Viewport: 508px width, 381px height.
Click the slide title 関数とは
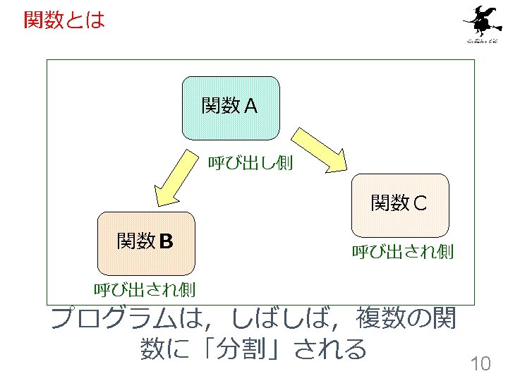point(64,19)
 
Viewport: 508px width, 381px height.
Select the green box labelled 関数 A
point(231,107)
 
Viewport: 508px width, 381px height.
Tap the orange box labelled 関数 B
point(146,243)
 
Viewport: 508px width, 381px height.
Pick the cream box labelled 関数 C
point(400,205)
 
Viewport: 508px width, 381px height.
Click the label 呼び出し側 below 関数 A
point(250,164)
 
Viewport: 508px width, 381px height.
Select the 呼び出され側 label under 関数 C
point(402,250)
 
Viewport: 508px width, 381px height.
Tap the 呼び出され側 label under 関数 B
point(145,289)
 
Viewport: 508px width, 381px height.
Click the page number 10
point(480,364)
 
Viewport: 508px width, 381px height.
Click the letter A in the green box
point(251,107)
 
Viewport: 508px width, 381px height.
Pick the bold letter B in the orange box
point(166,242)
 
